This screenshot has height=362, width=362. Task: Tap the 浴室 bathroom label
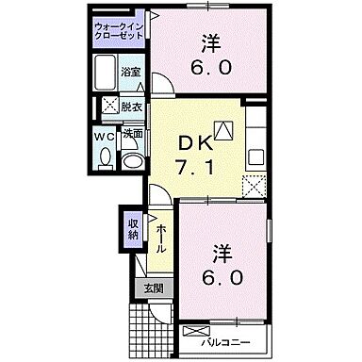[x=131, y=73]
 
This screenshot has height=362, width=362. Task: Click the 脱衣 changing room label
[x=131, y=107]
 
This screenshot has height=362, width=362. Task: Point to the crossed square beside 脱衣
[x=110, y=106]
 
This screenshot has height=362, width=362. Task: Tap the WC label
[x=106, y=136]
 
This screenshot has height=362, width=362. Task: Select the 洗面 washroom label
[x=133, y=135]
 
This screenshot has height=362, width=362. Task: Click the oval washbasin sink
[x=133, y=159]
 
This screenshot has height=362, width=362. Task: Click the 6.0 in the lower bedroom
[x=222, y=280]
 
